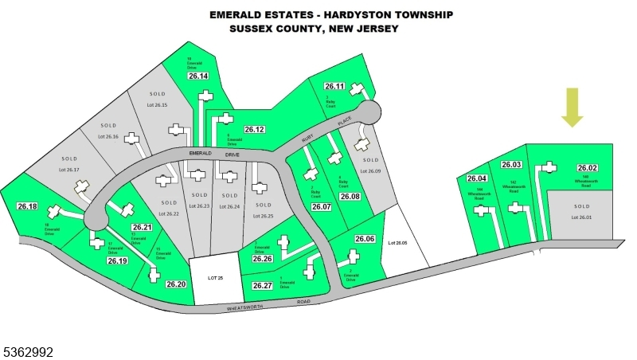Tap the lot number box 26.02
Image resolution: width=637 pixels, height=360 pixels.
coord(587,168)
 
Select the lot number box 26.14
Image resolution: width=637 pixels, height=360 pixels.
coord(197,76)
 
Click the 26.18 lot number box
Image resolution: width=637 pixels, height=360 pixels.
coord(27,206)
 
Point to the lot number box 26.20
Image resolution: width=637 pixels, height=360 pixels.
coord(176,284)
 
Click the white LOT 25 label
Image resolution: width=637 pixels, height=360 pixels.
coord(213,277)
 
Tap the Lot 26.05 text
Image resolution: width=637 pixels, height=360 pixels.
coord(397,242)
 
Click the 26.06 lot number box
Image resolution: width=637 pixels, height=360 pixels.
coord(365,239)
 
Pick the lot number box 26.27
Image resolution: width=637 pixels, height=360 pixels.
coord(263,285)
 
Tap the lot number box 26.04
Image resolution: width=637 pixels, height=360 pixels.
coord(478,178)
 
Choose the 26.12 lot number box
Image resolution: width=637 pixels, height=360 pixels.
coord(254,129)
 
